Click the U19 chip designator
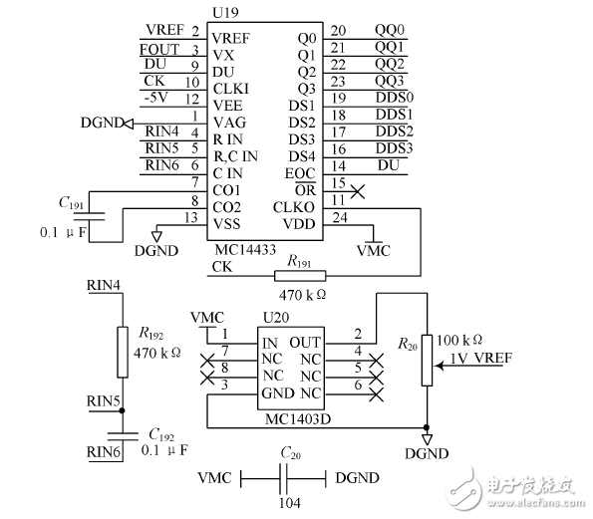[224, 12]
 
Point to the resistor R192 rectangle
[123, 352]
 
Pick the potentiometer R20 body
[428, 358]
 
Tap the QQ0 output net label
[390, 31]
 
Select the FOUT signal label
[160, 49]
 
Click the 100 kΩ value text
[461, 340]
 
